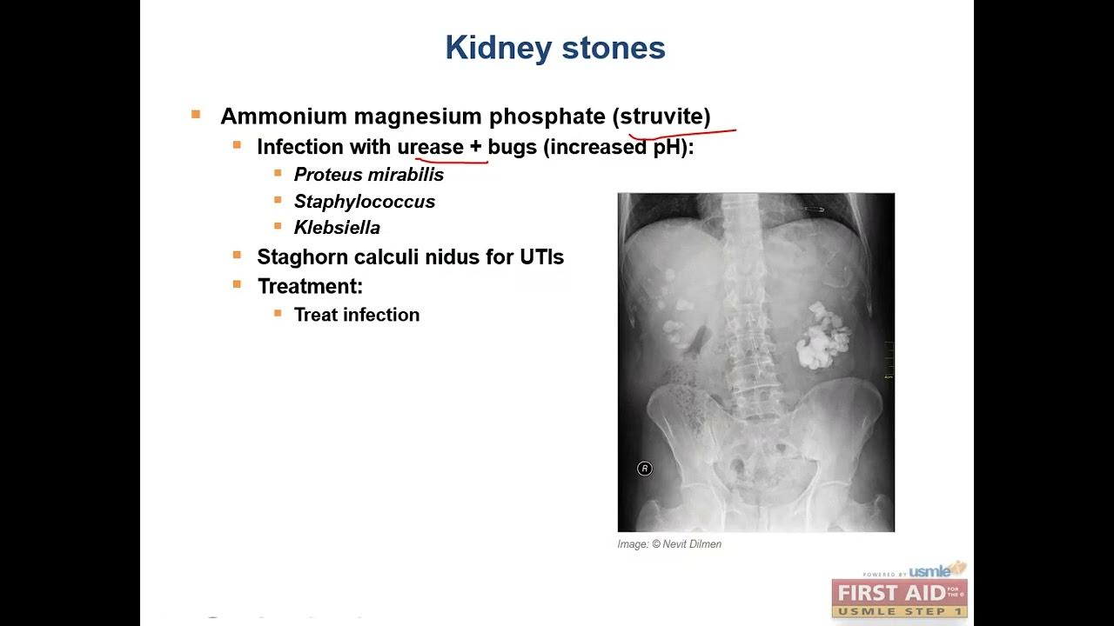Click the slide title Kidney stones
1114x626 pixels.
[x=555, y=49]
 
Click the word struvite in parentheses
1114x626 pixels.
[x=665, y=117]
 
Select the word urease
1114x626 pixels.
[x=430, y=147]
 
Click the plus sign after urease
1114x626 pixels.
[x=475, y=147]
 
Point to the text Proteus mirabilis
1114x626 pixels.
[x=369, y=175]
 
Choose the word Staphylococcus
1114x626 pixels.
[x=365, y=202]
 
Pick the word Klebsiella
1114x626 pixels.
[x=337, y=228]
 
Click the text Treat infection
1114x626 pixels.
[x=357, y=315]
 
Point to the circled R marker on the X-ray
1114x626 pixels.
[x=644, y=469]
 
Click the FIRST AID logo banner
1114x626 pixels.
[x=899, y=594]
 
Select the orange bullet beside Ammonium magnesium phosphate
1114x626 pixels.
[x=196, y=115]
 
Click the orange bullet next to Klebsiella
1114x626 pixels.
[x=278, y=226]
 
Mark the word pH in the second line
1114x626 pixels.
[x=666, y=147]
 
